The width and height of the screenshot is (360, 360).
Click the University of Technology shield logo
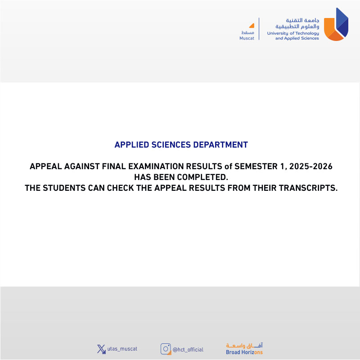[x=336, y=25]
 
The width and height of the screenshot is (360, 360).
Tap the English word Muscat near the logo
[x=247, y=38]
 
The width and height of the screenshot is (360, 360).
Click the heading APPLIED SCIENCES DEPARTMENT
[x=181, y=145]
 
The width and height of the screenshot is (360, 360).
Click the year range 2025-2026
[x=311, y=166]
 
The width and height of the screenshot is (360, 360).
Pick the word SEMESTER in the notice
[x=256, y=166]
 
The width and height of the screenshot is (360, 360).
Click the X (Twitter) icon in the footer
[x=101, y=349]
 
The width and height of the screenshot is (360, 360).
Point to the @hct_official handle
[x=189, y=350]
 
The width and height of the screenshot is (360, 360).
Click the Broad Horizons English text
[x=244, y=352]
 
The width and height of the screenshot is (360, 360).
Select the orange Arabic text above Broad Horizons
[x=244, y=345]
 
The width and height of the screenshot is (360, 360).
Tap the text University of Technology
[x=293, y=33]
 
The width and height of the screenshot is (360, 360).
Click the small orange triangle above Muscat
[x=252, y=26]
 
